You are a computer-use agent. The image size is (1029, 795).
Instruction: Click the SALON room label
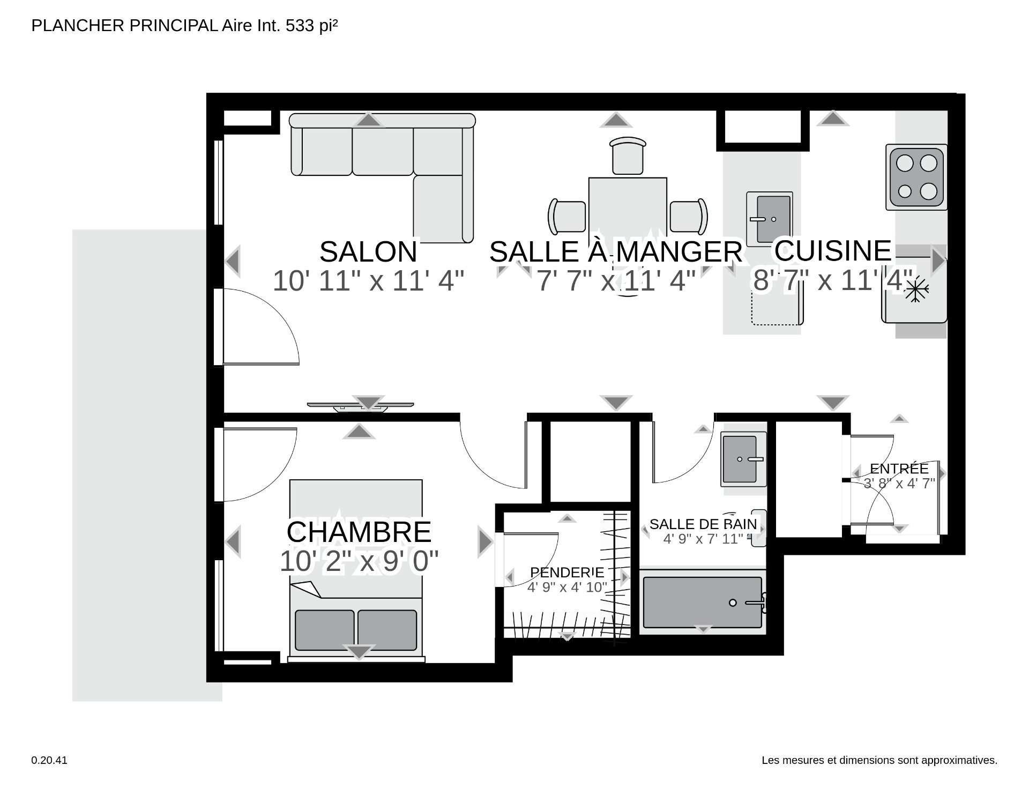click(368, 251)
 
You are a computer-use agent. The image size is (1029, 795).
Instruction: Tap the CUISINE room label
click(833, 250)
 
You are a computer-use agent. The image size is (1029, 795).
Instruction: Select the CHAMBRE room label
click(359, 532)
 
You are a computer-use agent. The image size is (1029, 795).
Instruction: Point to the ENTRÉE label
click(899, 469)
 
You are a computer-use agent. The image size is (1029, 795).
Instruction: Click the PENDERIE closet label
click(566, 573)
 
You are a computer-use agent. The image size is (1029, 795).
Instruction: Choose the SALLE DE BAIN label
click(703, 524)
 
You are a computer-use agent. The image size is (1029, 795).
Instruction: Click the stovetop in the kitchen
click(916, 178)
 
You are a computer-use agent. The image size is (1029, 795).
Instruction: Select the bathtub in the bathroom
click(703, 602)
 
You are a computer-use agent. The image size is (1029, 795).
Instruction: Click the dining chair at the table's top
click(628, 156)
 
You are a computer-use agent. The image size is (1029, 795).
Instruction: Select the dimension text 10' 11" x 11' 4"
click(368, 280)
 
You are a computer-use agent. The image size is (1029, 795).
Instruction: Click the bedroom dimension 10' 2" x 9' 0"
click(359, 561)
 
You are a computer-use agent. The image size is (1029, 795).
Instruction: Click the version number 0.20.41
click(49, 760)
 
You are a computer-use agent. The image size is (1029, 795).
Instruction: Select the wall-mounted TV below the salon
click(360, 406)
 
